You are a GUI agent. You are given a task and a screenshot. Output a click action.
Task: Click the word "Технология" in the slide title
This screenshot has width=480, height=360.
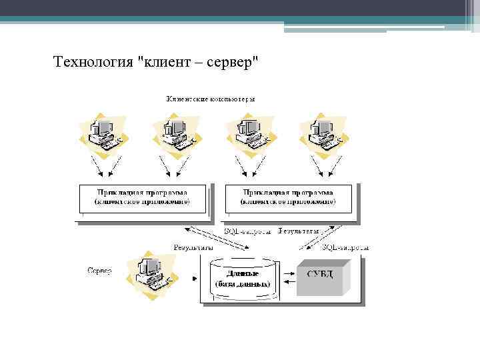tap(93, 63)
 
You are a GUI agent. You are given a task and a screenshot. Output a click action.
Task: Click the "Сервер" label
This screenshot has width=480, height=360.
tap(99, 271)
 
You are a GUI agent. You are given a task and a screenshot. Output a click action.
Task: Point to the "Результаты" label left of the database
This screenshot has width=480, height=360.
tap(193, 247)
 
